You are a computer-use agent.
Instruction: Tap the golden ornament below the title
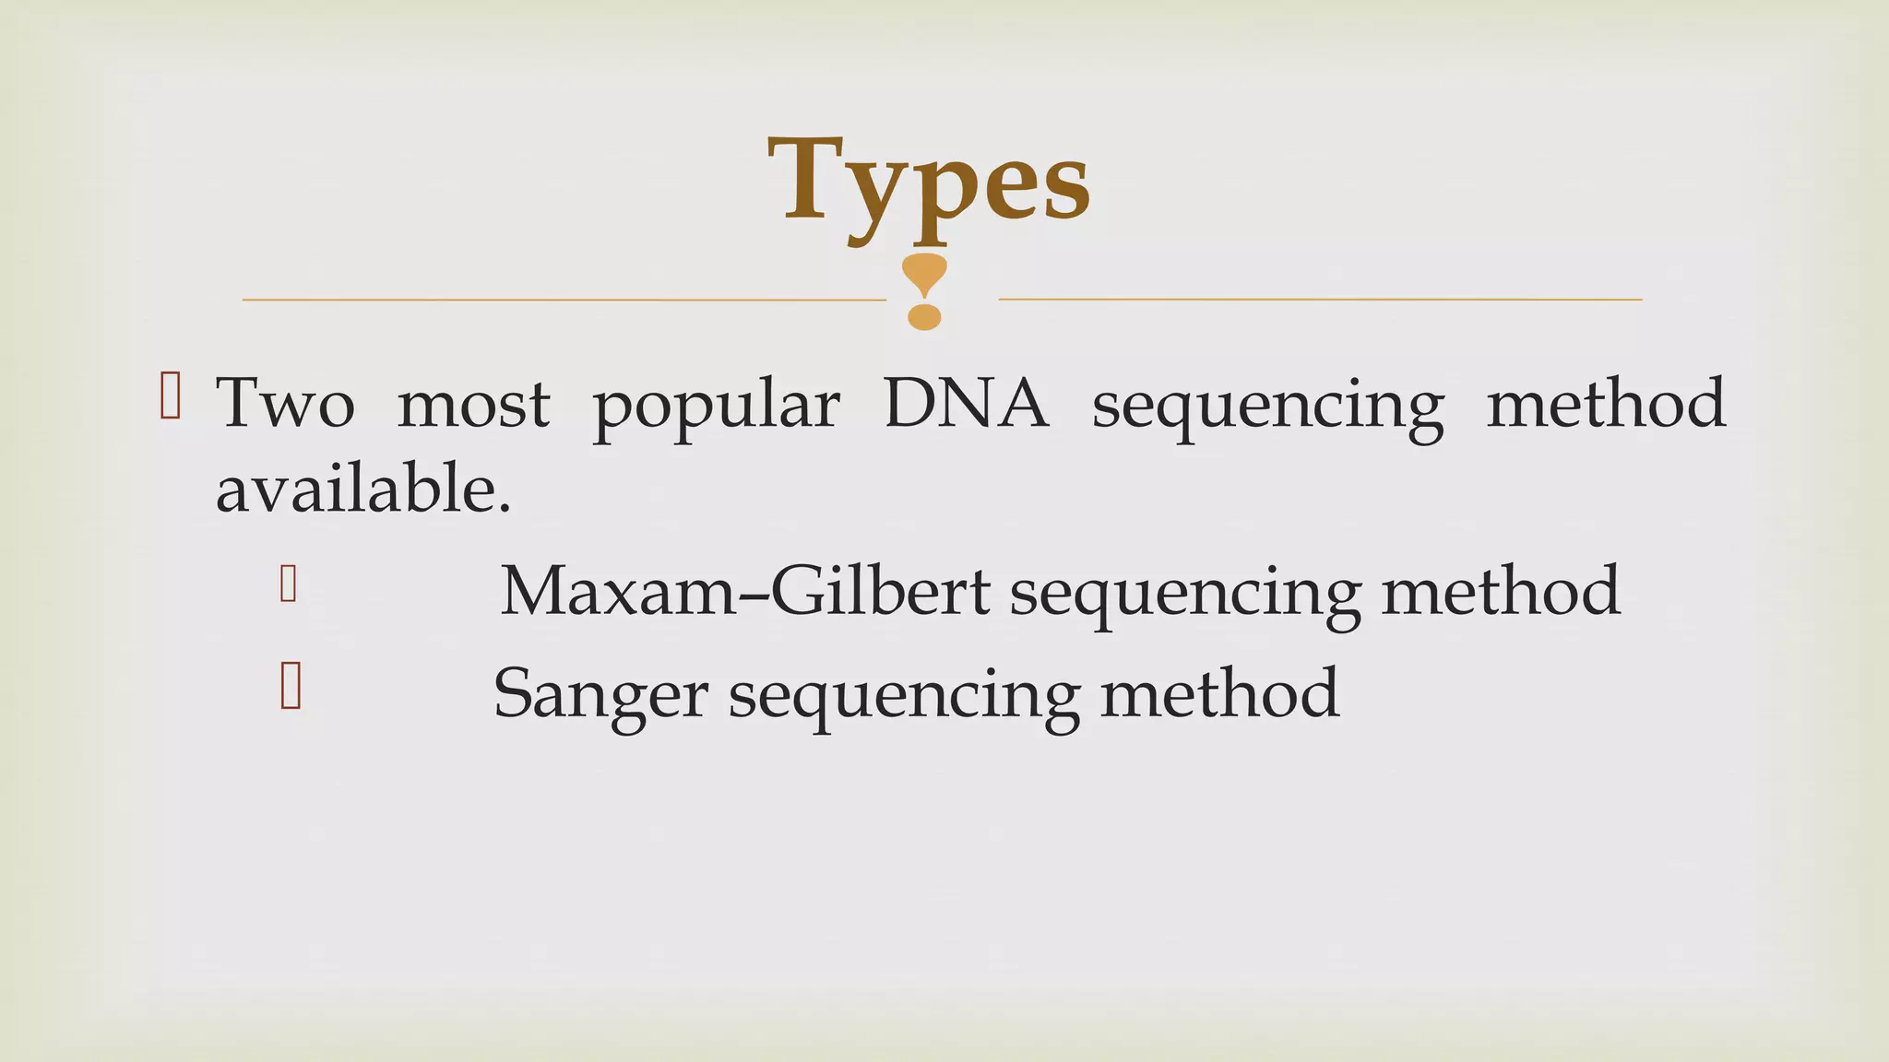point(924,291)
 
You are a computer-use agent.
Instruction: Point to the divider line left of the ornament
point(563,300)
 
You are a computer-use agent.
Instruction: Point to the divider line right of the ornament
point(1319,299)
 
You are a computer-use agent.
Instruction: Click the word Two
point(285,404)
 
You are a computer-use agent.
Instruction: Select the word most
point(473,404)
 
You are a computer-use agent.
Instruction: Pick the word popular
point(716,406)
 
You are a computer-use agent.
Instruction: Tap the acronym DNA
point(966,403)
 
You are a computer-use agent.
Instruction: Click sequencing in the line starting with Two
point(1267,407)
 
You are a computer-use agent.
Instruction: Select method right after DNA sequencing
point(1606,403)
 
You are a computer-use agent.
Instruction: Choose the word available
point(362,489)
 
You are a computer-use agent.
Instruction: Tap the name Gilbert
point(880,591)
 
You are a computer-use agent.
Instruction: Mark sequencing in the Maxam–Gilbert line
point(1185,594)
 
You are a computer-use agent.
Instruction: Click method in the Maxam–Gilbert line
point(1501,591)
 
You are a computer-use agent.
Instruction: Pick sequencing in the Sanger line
point(904,696)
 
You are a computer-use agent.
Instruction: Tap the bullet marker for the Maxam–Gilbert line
point(288,584)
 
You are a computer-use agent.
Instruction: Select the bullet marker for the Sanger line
point(290,687)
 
